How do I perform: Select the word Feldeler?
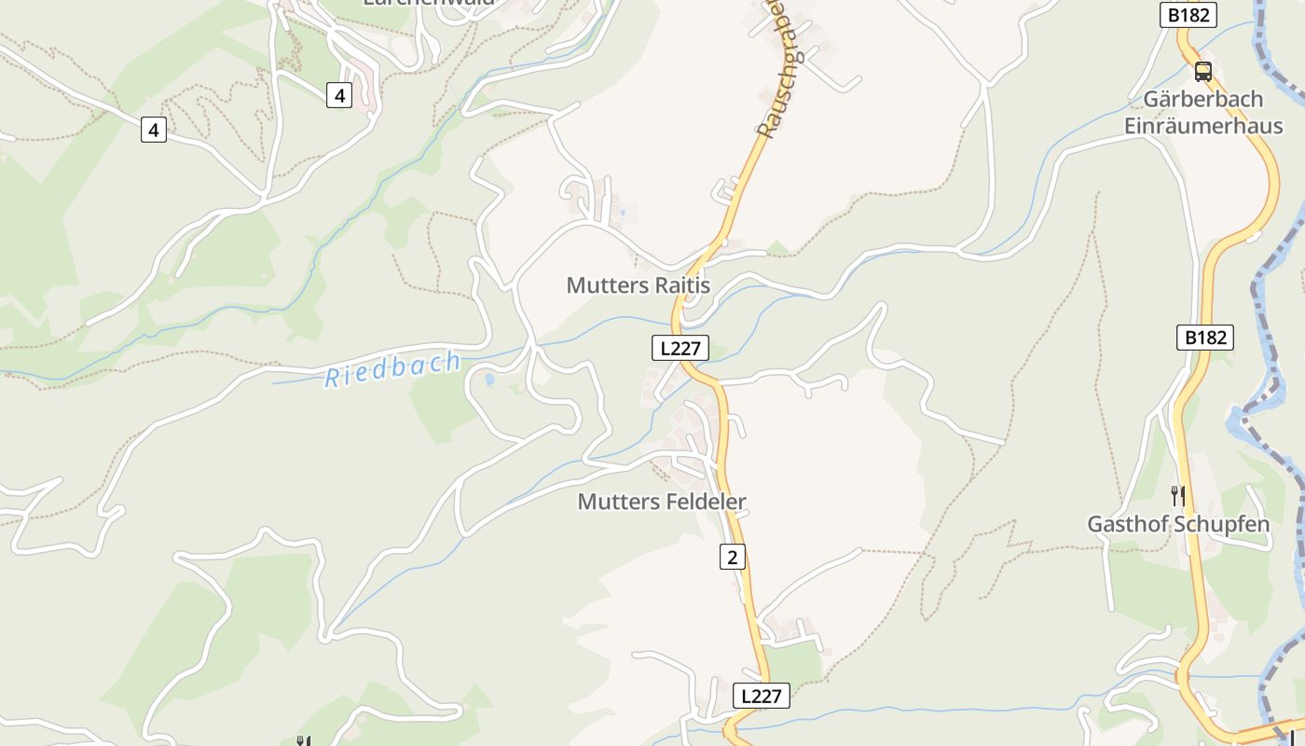point(706,502)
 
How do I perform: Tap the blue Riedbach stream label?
point(392,369)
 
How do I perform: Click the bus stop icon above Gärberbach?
point(1203,71)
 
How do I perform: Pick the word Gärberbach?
point(1202,99)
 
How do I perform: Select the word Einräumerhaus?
point(1202,126)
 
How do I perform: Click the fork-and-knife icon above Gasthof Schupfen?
point(1178,495)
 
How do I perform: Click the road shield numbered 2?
point(733,558)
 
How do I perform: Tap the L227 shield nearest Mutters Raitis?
point(680,349)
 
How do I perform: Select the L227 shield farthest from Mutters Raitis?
point(762,696)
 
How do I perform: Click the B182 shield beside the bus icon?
point(1188,15)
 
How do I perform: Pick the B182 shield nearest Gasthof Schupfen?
point(1205,338)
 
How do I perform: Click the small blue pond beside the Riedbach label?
point(489,380)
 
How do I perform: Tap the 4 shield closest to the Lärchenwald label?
point(339,94)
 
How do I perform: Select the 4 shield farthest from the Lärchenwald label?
point(154,130)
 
